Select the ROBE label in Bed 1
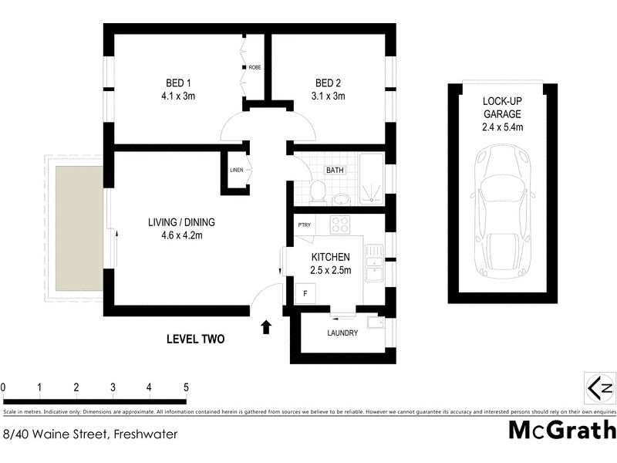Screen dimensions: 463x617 (x=255, y=68)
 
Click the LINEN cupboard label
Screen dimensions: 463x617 (x=237, y=170)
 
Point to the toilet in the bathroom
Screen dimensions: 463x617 (x=316, y=191)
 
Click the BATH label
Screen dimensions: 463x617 (x=335, y=170)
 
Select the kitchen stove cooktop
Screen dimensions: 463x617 (x=339, y=225)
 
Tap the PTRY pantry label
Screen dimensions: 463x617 (x=304, y=225)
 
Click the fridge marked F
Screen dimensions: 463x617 (x=305, y=293)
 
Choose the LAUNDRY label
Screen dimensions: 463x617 (x=342, y=333)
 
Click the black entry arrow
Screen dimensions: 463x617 (x=266, y=327)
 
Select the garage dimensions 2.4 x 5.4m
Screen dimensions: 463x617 (x=503, y=127)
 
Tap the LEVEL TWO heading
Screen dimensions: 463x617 (x=196, y=338)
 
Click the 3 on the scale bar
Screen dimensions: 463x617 (x=113, y=387)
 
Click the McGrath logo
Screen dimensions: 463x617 (x=562, y=430)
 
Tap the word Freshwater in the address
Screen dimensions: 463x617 (x=145, y=434)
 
